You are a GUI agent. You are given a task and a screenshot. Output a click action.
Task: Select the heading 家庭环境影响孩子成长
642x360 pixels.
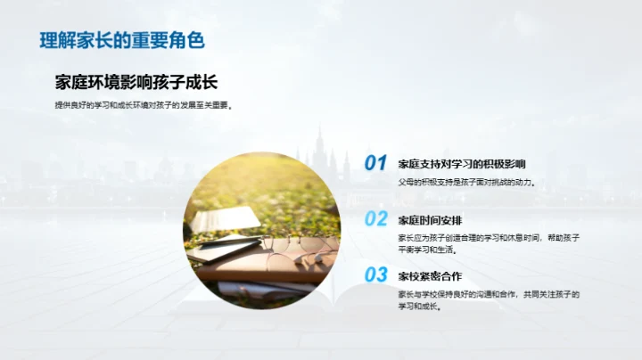click(136, 83)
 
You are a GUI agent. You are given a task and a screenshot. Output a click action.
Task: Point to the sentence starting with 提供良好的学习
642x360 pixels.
click(143, 105)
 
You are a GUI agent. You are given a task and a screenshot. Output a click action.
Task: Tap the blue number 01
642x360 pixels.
click(375, 163)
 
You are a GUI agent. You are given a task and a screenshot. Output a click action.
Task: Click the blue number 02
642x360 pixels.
click(375, 219)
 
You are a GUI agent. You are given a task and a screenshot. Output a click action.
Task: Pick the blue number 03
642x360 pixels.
click(375, 274)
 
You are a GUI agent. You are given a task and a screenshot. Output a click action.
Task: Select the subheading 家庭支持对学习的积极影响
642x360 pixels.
click(461, 164)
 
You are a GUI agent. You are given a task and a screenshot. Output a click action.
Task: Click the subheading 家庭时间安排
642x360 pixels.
click(429, 220)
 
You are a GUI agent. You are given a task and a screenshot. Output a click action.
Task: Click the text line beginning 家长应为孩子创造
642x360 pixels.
click(489, 238)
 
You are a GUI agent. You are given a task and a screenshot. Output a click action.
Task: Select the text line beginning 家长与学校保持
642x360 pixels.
click(489, 293)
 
